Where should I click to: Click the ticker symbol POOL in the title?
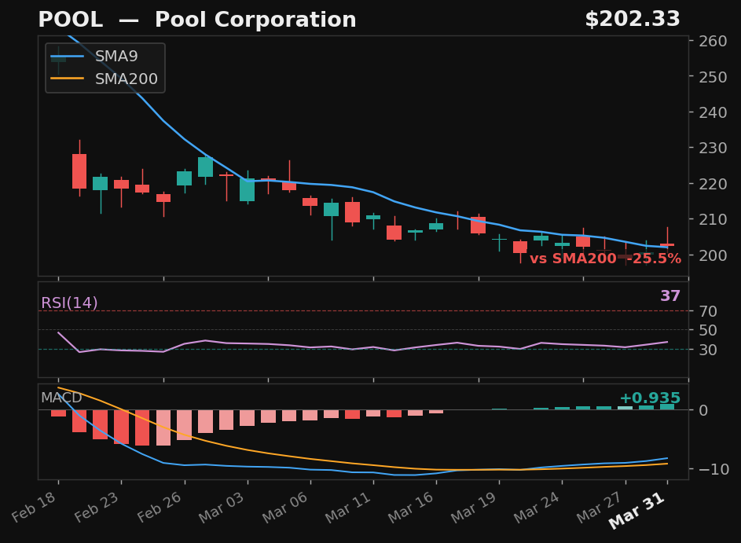point(70,20)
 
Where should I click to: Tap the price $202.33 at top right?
point(632,20)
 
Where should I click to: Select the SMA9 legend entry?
point(116,57)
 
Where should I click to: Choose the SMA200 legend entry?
point(126,79)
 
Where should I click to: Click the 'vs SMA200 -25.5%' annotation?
point(605,259)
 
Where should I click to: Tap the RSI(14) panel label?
point(69,303)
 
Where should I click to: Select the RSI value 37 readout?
point(669,296)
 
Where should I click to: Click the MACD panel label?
point(61,398)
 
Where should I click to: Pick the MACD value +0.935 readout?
point(649,398)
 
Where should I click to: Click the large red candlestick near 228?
point(79,171)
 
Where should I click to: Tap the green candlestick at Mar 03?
point(247,189)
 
